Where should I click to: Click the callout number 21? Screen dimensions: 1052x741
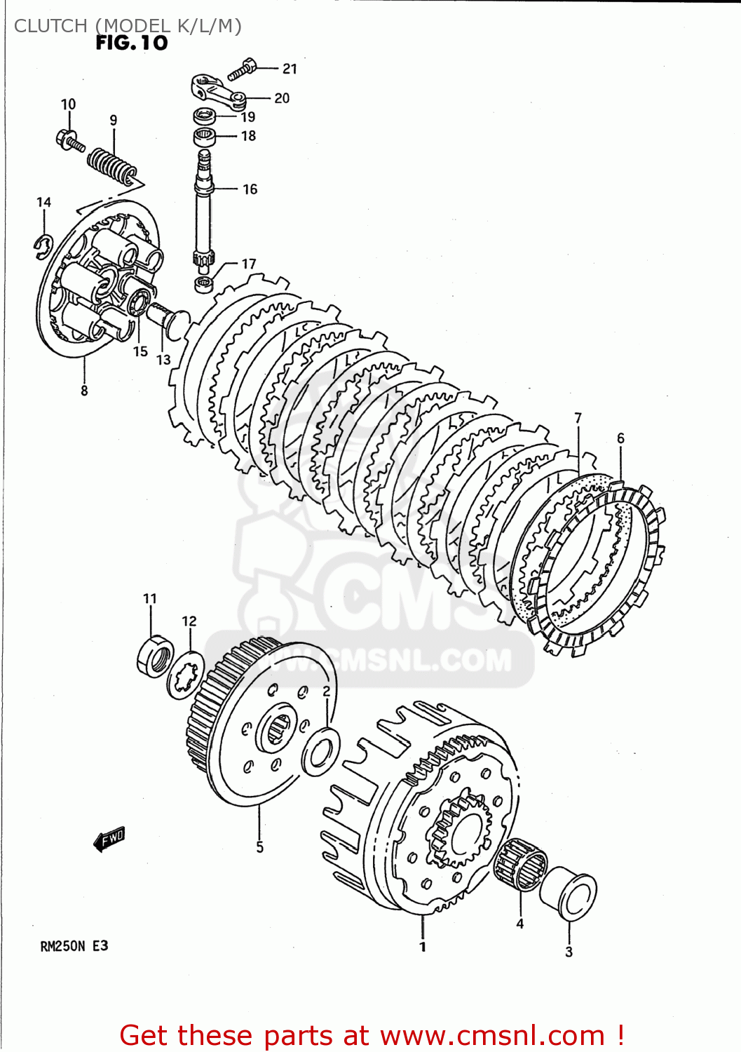pos(290,69)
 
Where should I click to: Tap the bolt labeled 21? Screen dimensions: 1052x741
pos(241,69)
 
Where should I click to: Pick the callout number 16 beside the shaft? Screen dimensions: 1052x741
pos(250,189)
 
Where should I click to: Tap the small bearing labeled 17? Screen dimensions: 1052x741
pos(204,284)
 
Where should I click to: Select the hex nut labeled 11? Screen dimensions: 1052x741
pos(156,656)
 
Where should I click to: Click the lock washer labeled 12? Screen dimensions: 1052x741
pos(186,675)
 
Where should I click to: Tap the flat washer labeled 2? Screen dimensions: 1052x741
pos(321,753)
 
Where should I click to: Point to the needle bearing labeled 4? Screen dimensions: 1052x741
pos(519,863)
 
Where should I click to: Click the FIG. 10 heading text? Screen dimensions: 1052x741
pos(132,43)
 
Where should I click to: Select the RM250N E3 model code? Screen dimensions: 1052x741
pos(74,946)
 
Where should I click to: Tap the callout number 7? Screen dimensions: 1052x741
pos(578,418)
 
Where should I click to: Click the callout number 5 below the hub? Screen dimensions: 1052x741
pos(259,847)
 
